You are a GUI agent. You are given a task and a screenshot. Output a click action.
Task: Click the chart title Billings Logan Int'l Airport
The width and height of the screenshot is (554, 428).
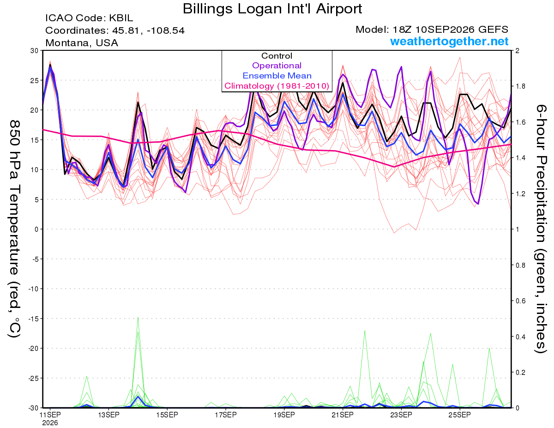click(x=272, y=9)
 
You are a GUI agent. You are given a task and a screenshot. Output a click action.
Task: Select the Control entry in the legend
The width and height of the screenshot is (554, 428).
click(x=277, y=56)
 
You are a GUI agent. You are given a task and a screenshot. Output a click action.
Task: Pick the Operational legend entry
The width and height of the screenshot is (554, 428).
click(x=277, y=66)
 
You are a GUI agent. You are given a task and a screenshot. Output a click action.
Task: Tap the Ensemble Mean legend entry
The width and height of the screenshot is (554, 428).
click(x=277, y=76)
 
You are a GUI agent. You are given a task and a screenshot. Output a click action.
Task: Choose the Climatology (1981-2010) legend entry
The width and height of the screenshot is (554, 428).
click(x=277, y=86)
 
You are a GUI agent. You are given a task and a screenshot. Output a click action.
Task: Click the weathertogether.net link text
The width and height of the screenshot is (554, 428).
click(x=449, y=41)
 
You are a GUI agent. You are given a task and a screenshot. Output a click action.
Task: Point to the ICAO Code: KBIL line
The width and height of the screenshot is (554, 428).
click(x=89, y=18)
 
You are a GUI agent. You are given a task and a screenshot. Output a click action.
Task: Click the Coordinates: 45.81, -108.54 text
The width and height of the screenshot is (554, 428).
click(x=115, y=30)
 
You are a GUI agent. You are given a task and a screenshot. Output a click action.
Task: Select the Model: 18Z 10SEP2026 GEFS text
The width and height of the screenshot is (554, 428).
click(x=432, y=30)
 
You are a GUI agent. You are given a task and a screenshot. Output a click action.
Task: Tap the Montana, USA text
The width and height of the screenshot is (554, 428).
click(x=82, y=43)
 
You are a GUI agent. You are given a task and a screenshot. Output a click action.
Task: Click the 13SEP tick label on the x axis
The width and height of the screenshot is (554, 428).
click(x=108, y=415)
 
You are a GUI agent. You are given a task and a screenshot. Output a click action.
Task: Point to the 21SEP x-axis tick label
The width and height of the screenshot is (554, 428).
click(x=343, y=415)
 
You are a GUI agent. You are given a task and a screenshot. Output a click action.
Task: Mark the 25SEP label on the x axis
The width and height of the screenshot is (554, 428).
click(x=460, y=415)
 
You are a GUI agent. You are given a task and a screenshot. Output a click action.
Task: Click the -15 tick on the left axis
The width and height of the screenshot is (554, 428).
click(x=33, y=319)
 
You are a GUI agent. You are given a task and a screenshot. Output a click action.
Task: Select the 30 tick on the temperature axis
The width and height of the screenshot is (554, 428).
click(x=35, y=51)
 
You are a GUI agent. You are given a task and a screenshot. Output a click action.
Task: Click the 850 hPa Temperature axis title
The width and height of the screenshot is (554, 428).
click(x=14, y=229)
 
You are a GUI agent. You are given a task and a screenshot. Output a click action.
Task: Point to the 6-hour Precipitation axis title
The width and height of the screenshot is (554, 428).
click(x=540, y=229)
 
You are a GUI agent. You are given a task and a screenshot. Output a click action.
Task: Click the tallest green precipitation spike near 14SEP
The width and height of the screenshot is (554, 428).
click(x=138, y=317)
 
